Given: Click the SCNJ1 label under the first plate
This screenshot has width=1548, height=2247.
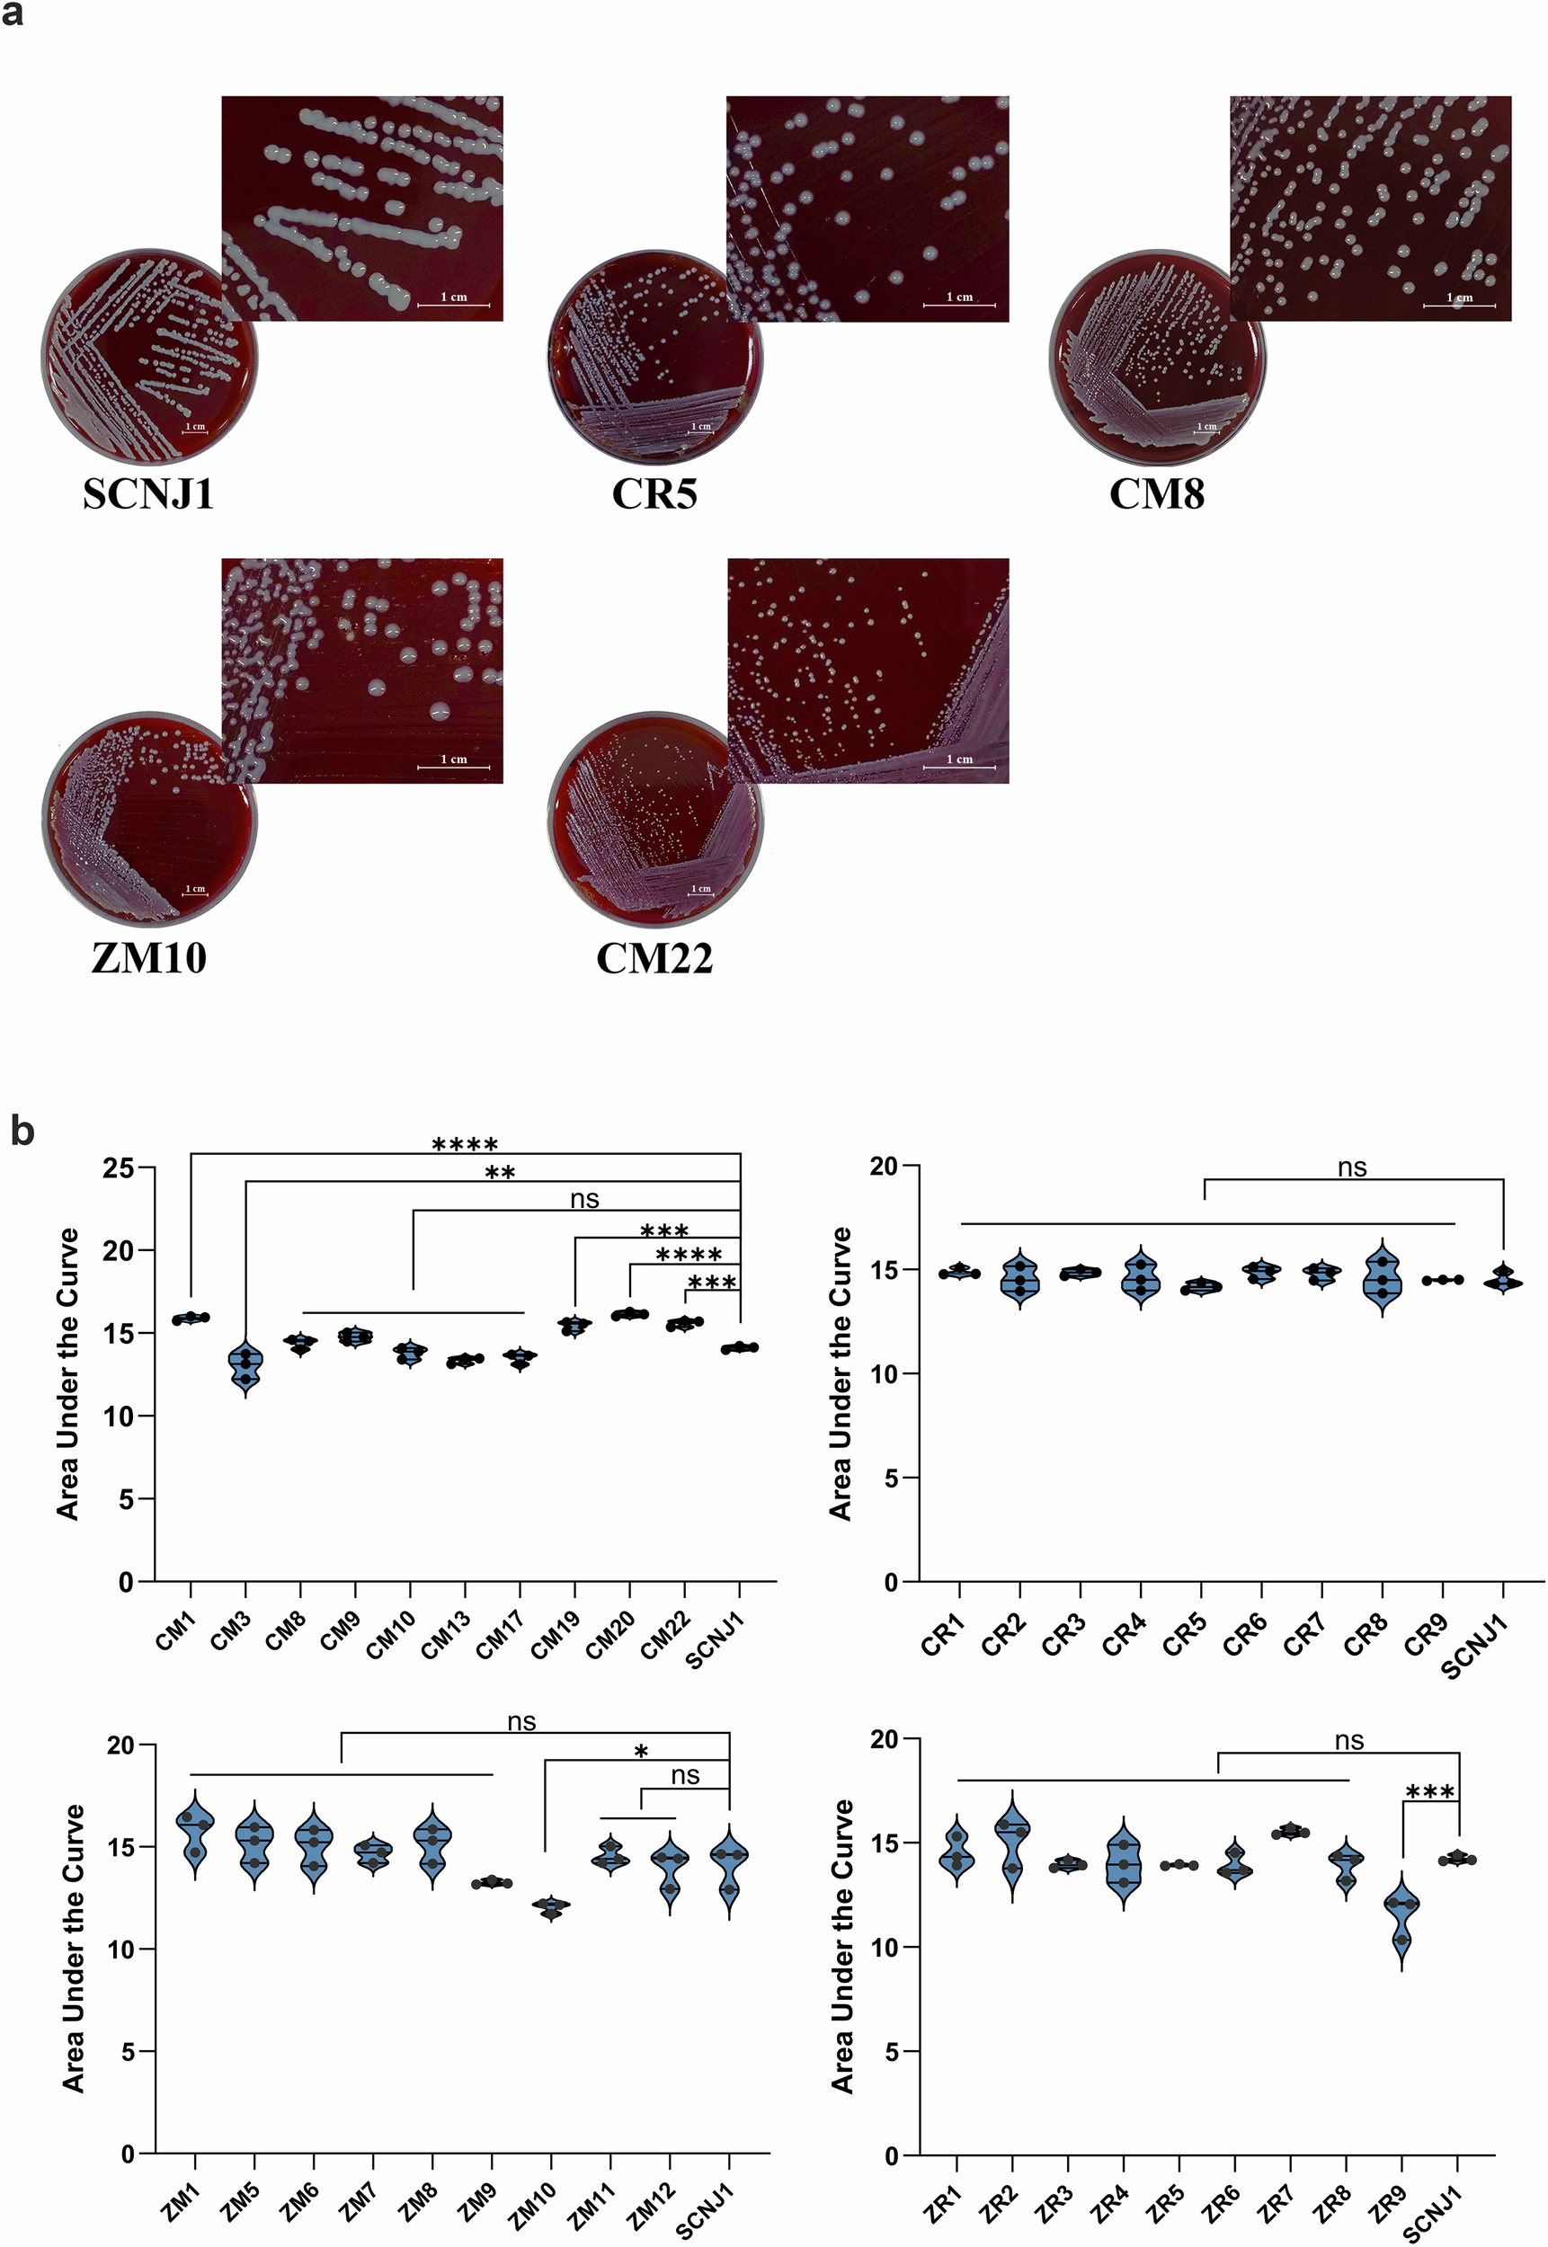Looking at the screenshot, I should pos(147,493).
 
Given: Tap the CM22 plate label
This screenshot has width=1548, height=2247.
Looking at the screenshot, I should pos(654,958).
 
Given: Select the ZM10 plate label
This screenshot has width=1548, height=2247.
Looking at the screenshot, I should pos(148,958).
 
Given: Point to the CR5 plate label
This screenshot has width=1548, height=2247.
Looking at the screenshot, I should pos(654,493).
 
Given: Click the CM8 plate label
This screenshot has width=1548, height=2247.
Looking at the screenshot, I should pos(1156,493).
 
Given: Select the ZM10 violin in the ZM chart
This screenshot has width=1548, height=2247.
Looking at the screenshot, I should pos(551,1906).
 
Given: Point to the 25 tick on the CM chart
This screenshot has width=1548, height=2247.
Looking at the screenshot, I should pos(119,1168).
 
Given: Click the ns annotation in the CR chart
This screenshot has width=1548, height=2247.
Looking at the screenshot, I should pos(1352,1168).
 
